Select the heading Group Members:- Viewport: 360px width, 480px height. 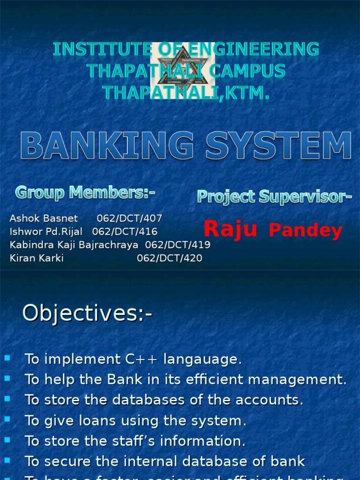click(85, 192)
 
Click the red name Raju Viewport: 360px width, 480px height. click(230, 229)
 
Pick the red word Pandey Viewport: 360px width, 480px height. click(305, 231)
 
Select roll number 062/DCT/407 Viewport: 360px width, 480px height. click(129, 218)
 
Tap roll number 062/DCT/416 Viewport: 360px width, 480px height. click(125, 232)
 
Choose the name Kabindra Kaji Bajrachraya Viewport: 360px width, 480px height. click(74, 245)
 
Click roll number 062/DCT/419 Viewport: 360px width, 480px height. click(178, 245)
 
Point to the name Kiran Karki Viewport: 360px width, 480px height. click(37, 258)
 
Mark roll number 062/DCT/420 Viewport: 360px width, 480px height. click(170, 258)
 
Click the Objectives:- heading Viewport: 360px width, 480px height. click(88, 313)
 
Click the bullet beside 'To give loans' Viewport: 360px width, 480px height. click(7, 419)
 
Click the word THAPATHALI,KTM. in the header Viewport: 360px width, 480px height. click(186, 92)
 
